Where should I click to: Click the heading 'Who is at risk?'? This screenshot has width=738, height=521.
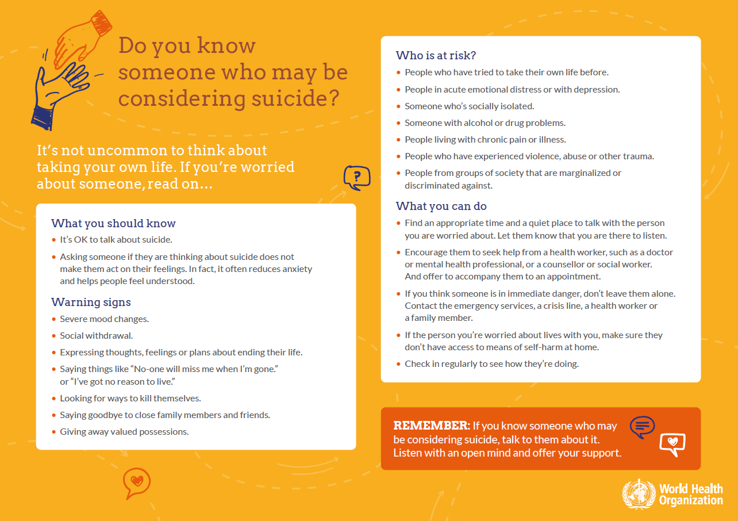click(436, 56)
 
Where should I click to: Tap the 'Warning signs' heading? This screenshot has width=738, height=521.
click(91, 302)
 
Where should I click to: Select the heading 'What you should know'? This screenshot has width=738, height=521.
click(113, 224)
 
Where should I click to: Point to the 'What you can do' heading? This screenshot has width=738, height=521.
click(441, 206)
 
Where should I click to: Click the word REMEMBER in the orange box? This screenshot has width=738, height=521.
click(431, 426)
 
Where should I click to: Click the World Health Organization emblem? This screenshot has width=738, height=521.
click(638, 493)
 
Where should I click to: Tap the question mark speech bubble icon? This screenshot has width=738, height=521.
click(357, 178)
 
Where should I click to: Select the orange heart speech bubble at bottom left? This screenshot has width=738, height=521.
click(137, 482)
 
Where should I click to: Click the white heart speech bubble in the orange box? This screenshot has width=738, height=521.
click(672, 443)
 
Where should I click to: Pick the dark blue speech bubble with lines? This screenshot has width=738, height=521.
click(642, 426)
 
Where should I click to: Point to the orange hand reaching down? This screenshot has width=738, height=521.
click(83, 37)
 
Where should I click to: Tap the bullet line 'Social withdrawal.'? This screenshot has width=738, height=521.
click(96, 336)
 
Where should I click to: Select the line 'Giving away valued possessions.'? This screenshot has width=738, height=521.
click(124, 431)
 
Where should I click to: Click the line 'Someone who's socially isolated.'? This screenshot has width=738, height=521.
click(469, 106)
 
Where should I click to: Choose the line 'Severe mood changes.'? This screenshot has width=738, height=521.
click(104, 319)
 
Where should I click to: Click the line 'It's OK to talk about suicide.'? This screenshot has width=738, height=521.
click(116, 240)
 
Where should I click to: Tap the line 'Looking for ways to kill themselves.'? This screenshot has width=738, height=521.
click(130, 398)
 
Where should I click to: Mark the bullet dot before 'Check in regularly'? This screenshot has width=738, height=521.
click(399, 364)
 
